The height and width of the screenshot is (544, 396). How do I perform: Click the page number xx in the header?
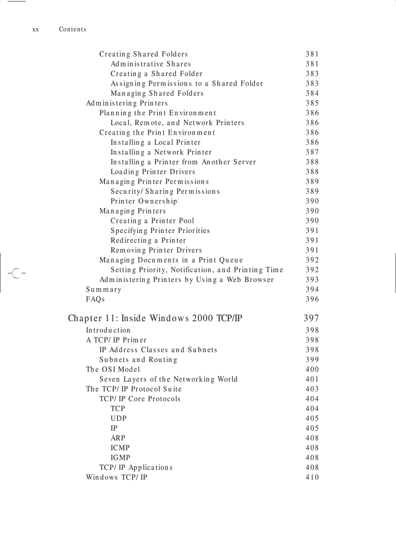(35, 30)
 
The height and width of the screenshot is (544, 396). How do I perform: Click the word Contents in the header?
(72, 30)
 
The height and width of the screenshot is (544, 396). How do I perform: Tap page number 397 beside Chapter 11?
(311, 318)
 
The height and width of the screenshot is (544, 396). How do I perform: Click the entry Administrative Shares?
(150, 64)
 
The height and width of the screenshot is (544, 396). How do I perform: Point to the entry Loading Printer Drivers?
(153, 171)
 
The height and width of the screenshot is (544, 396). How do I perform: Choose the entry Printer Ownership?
(144, 201)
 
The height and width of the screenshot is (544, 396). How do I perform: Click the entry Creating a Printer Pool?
(152, 221)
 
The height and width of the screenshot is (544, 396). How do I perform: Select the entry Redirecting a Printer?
(148, 240)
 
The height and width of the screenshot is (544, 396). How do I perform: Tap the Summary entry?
(104, 289)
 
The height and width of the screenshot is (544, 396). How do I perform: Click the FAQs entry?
(96, 299)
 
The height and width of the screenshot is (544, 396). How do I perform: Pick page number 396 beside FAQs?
(312, 299)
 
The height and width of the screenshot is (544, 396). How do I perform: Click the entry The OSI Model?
(113, 369)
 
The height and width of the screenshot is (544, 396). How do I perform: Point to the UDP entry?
(118, 418)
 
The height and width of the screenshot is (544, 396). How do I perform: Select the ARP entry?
(118, 438)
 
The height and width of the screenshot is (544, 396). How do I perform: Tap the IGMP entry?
(120, 457)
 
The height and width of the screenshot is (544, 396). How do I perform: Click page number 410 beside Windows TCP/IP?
(312, 477)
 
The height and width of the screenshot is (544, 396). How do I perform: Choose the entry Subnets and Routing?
(138, 359)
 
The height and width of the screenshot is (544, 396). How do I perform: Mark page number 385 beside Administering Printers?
(312, 103)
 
